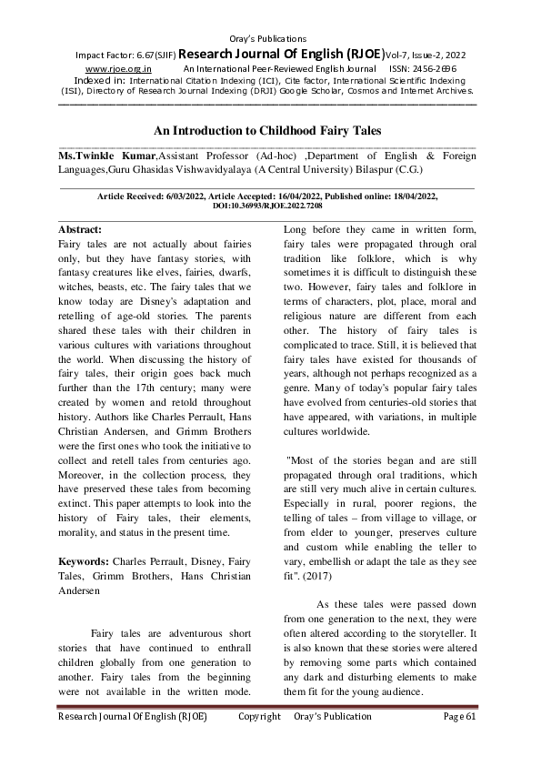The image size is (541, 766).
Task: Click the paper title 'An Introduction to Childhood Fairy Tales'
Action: click(267, 131)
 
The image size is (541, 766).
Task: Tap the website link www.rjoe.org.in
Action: click(118, 68)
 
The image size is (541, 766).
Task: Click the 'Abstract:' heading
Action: click(80, 229)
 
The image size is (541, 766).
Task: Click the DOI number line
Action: click(267, 207)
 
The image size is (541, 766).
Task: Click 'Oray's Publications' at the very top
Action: click(269, 38)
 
